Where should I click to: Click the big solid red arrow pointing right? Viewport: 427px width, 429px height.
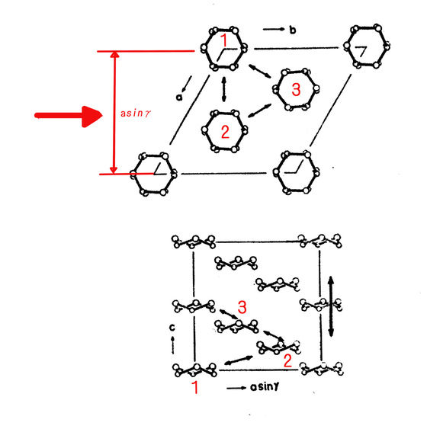pyautogui.click(x=69, y=116)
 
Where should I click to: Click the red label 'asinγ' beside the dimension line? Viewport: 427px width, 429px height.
pyautogui.click(x=136, y=114)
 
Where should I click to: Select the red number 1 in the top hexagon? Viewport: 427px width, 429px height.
pyautogui.click(x=224, y=40)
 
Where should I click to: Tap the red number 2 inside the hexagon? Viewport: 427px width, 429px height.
pyautogui.click(x=225, y=132)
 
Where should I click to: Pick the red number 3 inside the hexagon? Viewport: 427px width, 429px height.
pyautogui.click(x=296, y=89)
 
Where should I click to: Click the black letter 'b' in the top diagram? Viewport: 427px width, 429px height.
pyautogui.click(x=293, y=30)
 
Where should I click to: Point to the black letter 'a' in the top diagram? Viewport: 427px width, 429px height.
pyautogui.click(x=179, y=97)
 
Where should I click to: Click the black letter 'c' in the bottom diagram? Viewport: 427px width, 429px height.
pyautogui.click(x=172, y=327)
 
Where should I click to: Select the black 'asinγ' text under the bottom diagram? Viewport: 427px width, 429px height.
pyautogui.click(x=265, y=386)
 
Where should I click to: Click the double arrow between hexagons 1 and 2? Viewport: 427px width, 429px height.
pyautogui.click(x=224, y=89)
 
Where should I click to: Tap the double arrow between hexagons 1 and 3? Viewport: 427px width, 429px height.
pyautogui.click(x=260, y=71)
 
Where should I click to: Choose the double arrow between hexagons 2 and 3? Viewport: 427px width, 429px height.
pyautogui.click(x=259, y=110)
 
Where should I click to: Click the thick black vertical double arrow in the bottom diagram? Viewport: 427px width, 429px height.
pyautogui.click(x=331, y=306)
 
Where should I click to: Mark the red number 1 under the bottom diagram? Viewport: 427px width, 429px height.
pyautogui.click(x=195, y=387)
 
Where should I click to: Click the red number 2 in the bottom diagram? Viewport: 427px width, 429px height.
pyautogui.click(x=287, y=360)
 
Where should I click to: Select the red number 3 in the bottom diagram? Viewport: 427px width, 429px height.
pyautogui.click(x=242, y=307)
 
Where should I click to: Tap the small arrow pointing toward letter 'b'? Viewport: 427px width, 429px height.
pyautogui.click(x=274, y=29)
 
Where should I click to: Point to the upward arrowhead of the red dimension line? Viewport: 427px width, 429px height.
pyautogui.click(x=114, y=54)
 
